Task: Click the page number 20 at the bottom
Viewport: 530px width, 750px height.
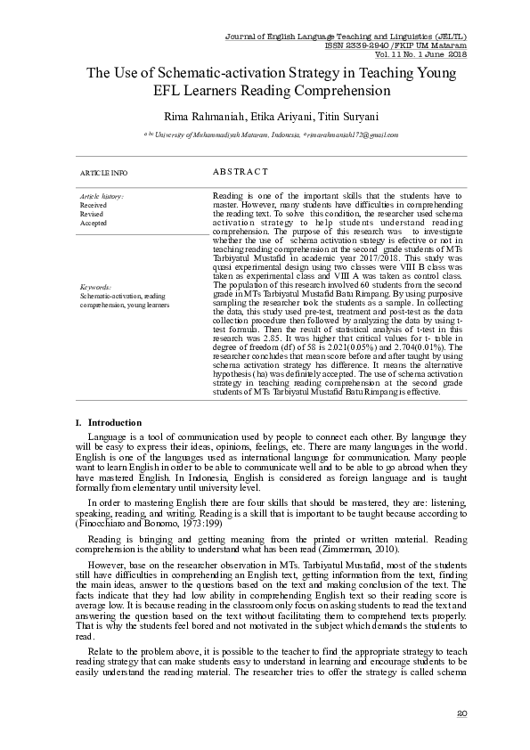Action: pyautogui.click(x=461, y=713)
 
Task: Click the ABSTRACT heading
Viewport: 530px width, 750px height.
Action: pyautogui.click(x=241, y=171)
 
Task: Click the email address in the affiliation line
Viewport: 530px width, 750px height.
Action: pyautogui.click(x=351, y=135)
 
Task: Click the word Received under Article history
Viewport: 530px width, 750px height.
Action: pyautogui.click(x=93, y=205)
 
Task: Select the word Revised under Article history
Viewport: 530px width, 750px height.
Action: pyautogui.click(x=92, y=215)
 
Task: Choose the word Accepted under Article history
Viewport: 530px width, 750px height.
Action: pyautogui.click(x=94, y=224)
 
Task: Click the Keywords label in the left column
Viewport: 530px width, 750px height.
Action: pyautogui.click(x=95, y=288)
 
